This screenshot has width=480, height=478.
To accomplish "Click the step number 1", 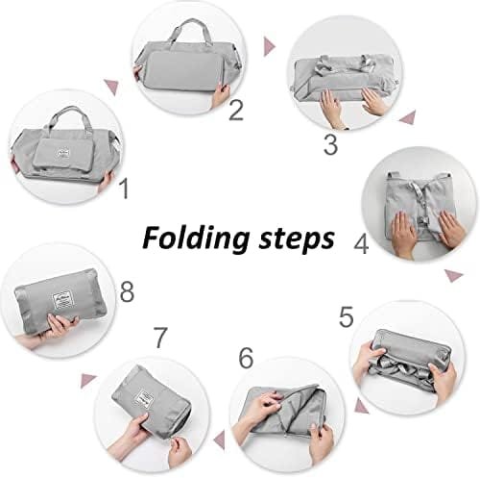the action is tap(124, 189).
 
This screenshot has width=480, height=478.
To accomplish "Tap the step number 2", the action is tap(236, 110).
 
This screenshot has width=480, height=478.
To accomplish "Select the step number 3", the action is tap(330, 144).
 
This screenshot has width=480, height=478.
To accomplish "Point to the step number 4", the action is tap(361, 244).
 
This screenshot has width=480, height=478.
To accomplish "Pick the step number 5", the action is tap(347, 317).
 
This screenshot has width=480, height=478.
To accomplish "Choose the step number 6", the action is tap(246, 358).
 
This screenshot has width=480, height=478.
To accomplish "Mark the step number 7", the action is tap(160, 338).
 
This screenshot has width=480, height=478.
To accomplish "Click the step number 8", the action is tap(127, 291).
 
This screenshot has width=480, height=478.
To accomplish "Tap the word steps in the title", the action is tap(297, 239).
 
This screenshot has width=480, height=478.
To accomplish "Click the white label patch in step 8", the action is tap(62, 300).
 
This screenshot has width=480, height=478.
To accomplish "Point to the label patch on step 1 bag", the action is tap(63, 153).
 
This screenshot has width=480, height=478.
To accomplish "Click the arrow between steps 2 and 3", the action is tap(269, 46).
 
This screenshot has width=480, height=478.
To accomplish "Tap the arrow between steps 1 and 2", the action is tap(111, 87).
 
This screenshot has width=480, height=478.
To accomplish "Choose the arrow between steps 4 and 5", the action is tap(454, 275).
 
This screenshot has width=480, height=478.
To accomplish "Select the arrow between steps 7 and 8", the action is tap(88, 381).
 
